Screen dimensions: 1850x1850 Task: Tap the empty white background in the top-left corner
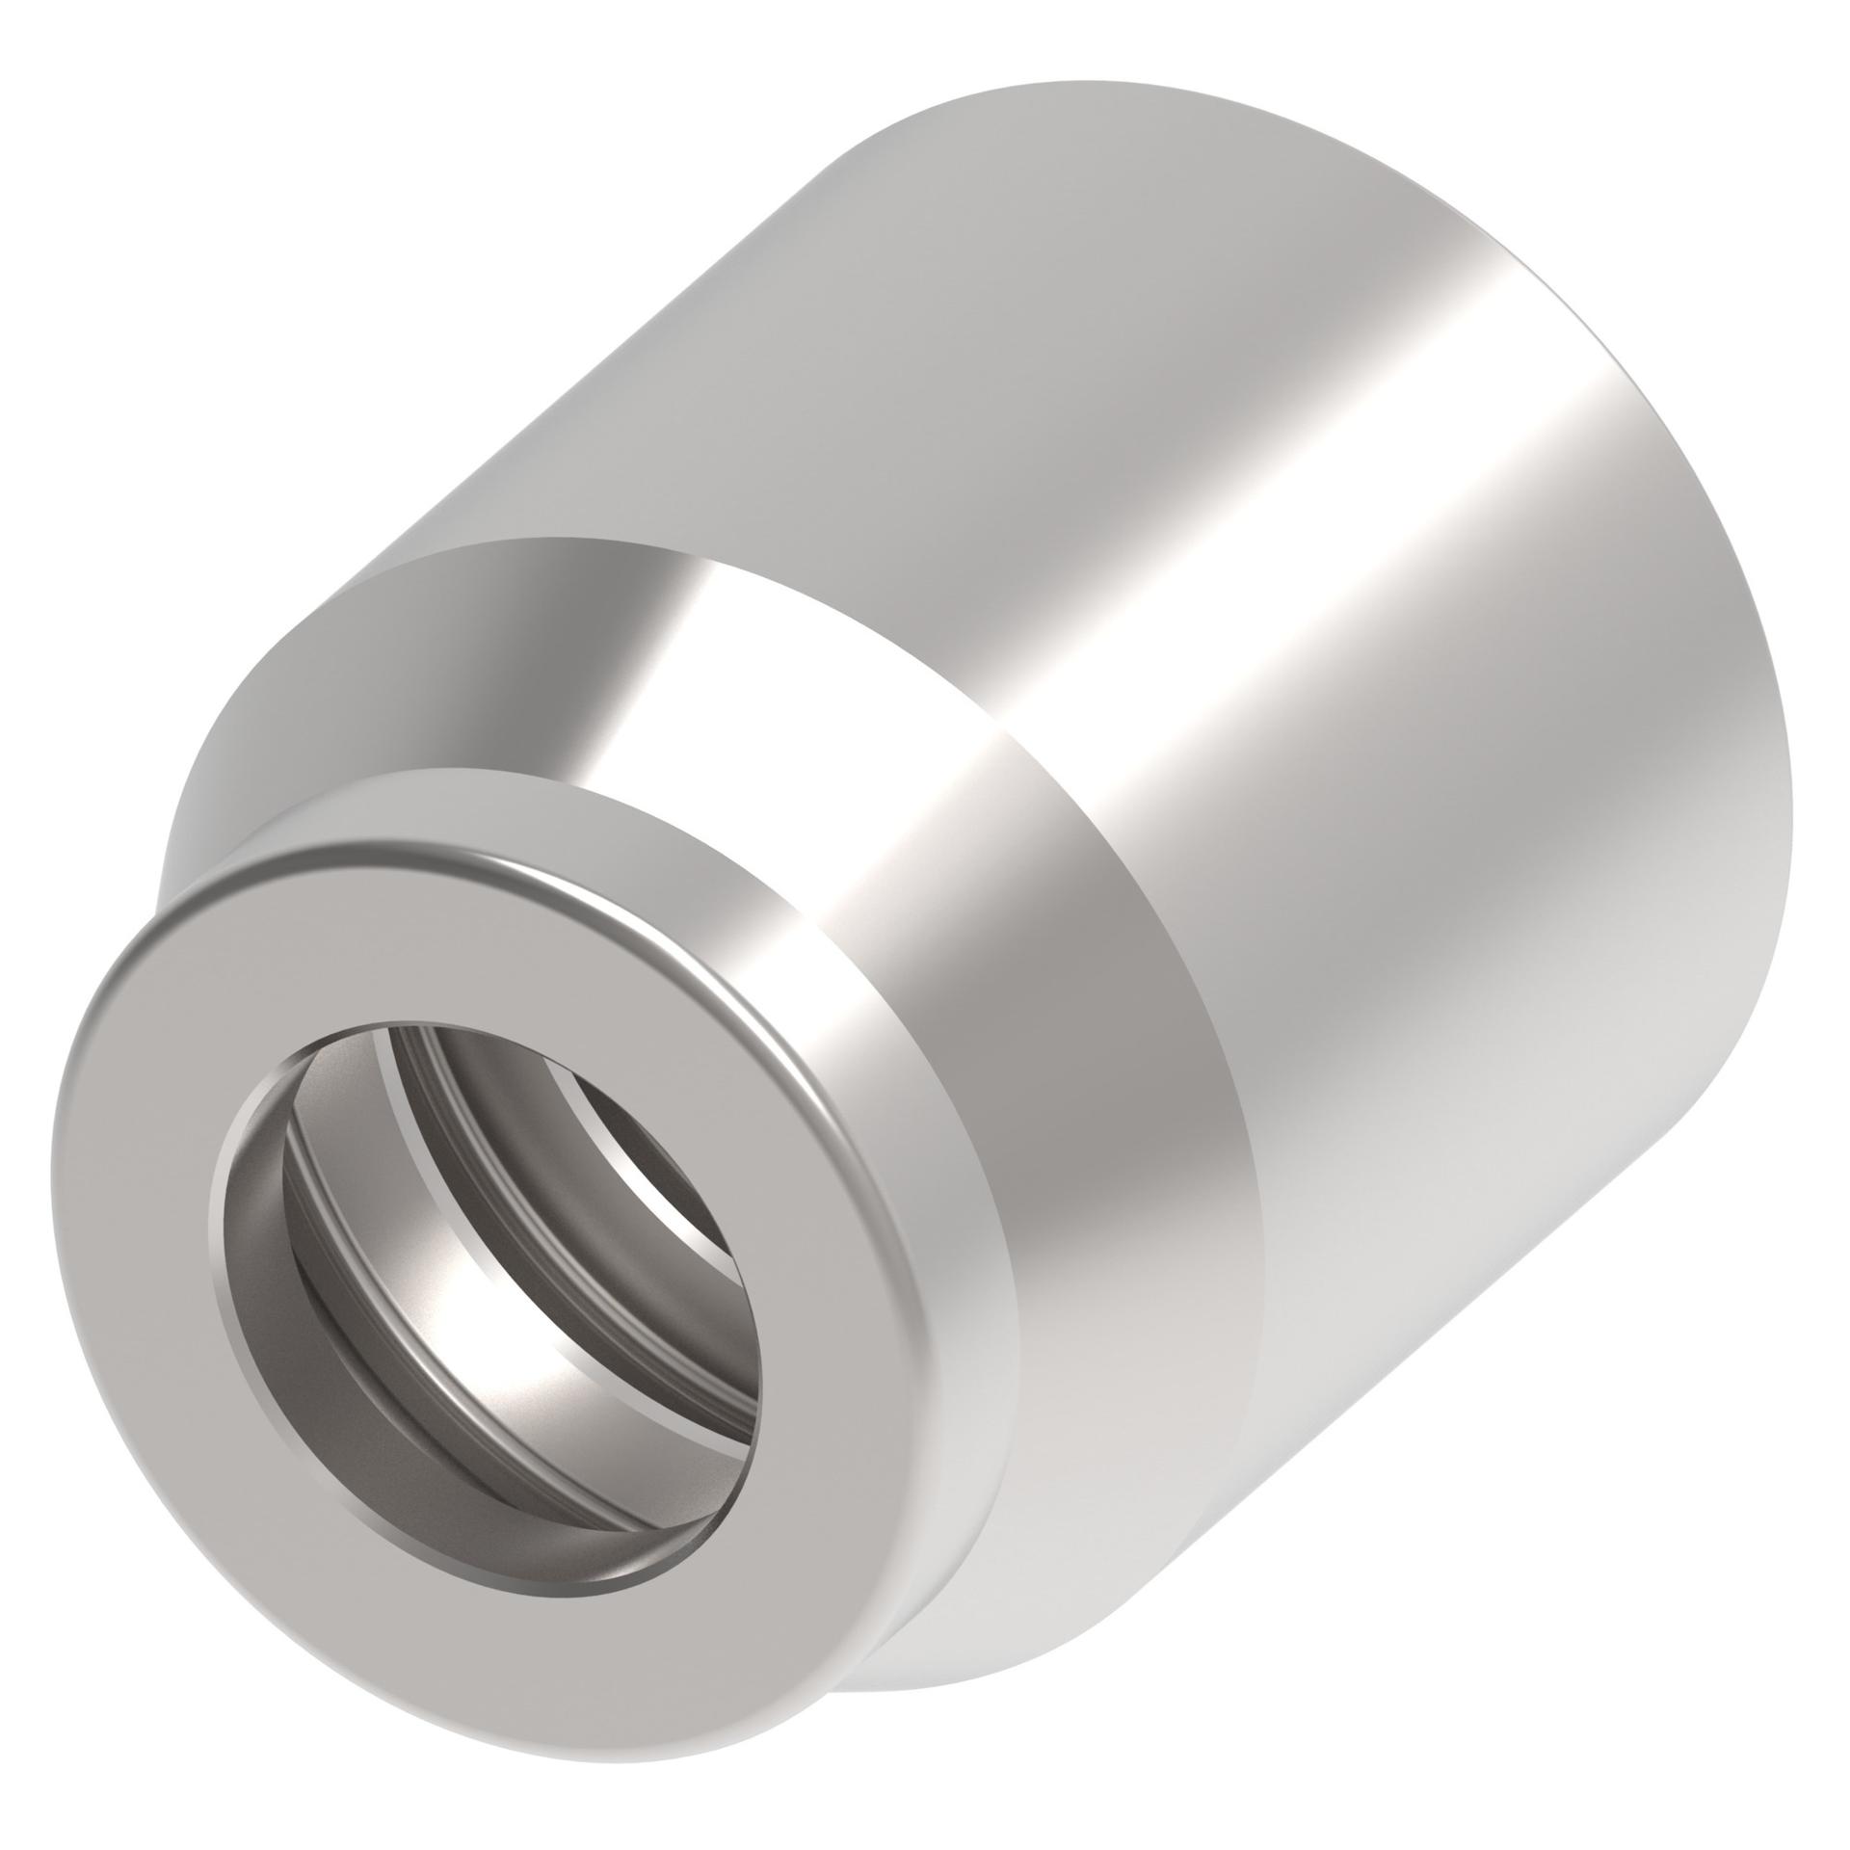(145, 145)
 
